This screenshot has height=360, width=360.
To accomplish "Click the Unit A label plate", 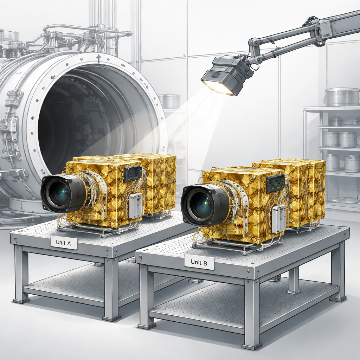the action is tap(64, 243).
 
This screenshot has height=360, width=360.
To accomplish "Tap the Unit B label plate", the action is tap(199, 262).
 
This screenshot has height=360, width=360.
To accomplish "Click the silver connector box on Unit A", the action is tap(135, 206).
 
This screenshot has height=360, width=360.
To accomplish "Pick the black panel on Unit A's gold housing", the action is tap(133, 174).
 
